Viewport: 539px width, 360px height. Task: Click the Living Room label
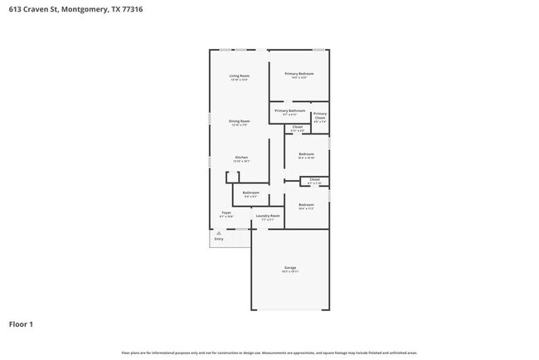pyautogui.click(x=240, y=75)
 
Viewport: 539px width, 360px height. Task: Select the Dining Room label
pyautogui.click(x=240, y=121)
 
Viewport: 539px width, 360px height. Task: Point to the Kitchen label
pyautogui.click(x=241, y=157)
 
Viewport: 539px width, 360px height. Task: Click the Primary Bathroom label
pyautogui.click(x=290, y=110)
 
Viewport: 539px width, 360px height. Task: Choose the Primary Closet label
pyautogui.click(x=320, y=114)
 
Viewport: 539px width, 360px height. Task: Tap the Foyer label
pyautogui.click(x=226, y=212)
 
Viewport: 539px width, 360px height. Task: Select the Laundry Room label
pyautogui.click(x=268, y=216)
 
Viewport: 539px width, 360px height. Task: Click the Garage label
pyautogui.click(x=290, y=267)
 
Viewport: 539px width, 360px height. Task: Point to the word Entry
pyautogui.click(x=219, y=239)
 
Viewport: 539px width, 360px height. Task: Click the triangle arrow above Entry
pyautogui.click(x=219, y=233)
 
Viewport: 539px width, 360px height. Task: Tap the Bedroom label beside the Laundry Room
pyautogui.click(x=306, y=204)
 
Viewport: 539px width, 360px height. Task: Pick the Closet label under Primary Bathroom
pyautogui.click(x=297, y=127)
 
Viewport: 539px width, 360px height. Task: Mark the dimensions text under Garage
pyautogui.click(x=290, y=271)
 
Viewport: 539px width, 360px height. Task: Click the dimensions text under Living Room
pyautogui.click(x=240, y=80)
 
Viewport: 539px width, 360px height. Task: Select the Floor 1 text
pyautogui.click(x=21, y=324)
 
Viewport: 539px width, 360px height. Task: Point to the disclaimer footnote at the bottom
pyautogui.click(x=269, y=353)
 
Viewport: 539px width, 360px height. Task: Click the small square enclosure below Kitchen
pyautogui.click(x=232, y=177)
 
